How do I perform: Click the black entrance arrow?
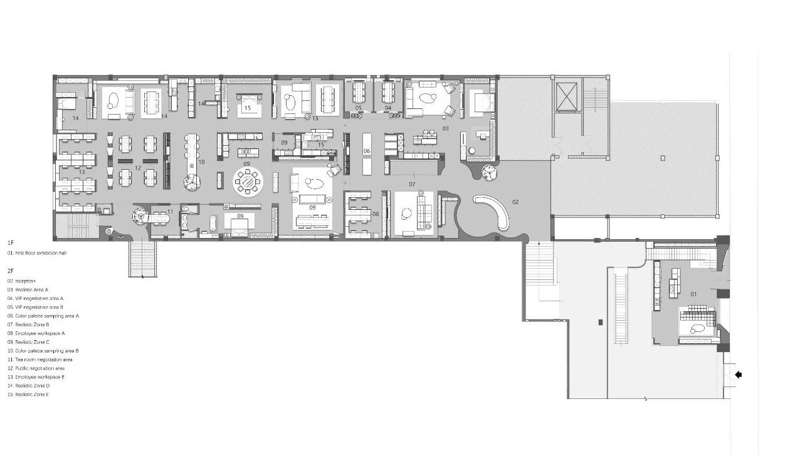[738, 375]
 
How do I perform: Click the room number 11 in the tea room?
[170, 212]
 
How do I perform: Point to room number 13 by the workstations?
[82, 172]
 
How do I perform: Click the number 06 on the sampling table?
[367, 152]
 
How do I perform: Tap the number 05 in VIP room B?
[359, 108]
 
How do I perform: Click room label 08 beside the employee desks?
[376, 214]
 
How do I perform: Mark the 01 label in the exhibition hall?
[693, 293]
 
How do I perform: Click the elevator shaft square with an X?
[566, 97]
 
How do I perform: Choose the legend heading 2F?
[11, 271]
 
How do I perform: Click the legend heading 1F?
[11, 242]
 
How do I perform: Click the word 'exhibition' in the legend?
[47, 253]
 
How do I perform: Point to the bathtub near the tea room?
[213, 223]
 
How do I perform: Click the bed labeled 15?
[248, 103]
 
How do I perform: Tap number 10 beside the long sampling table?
[201, 162]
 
